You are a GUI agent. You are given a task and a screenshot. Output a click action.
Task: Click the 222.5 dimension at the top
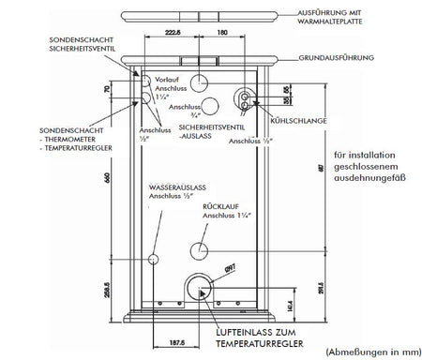pos(171,32)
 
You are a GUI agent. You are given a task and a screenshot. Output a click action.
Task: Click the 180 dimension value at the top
pos(221,32)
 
